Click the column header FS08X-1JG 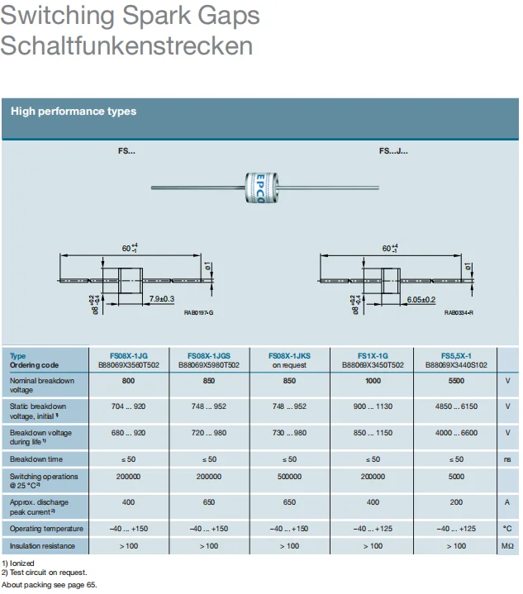point(128,356)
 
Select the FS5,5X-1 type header point(456,356)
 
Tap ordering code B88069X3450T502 point(373,365)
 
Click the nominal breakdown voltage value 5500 point(456,381)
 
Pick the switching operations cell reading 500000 point(289,477)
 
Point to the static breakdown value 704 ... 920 point(128,406)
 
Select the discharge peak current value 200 point(456,502)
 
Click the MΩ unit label point(507,546)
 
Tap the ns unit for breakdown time point(507,459)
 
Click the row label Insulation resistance point(42,546)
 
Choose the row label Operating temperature point(46,529)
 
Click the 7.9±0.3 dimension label point(162,299)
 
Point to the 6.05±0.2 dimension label point(421,300)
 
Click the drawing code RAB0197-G point(198,312)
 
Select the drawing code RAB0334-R point(459,312)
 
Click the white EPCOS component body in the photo point(261,188)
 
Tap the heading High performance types point(74,111)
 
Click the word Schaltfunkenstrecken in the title point(126,45)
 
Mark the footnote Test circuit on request point(48,573)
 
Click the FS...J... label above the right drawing point(393,151)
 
